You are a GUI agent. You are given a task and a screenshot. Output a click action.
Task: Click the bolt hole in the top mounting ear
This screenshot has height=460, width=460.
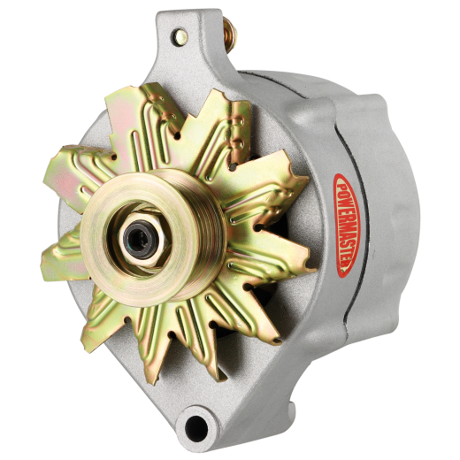[181, 37]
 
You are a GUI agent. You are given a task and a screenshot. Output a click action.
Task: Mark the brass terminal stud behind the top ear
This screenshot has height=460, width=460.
[229, 34]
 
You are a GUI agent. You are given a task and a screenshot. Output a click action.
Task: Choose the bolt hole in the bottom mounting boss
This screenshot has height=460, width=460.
[195, 425]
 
